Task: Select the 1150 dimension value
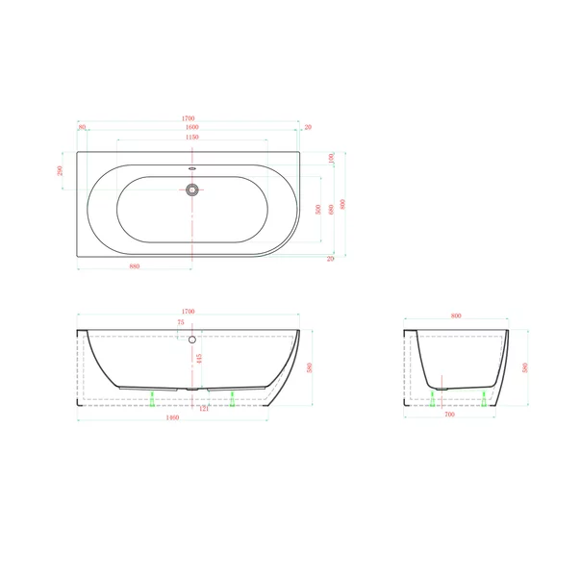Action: point(191,138)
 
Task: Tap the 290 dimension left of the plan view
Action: point(60,170)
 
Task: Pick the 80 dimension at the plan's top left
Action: point(83,127)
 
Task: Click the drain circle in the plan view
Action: point(192,190)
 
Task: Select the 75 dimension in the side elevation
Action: point(180,324)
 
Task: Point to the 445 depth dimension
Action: point(199,358)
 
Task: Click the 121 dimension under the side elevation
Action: point(204,411)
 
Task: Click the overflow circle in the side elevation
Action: point(192,339)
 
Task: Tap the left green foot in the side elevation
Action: point(153,396)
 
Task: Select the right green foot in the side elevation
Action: point(232,396)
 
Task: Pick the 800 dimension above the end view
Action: point(455,315)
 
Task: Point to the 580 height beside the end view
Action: point(525,366)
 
